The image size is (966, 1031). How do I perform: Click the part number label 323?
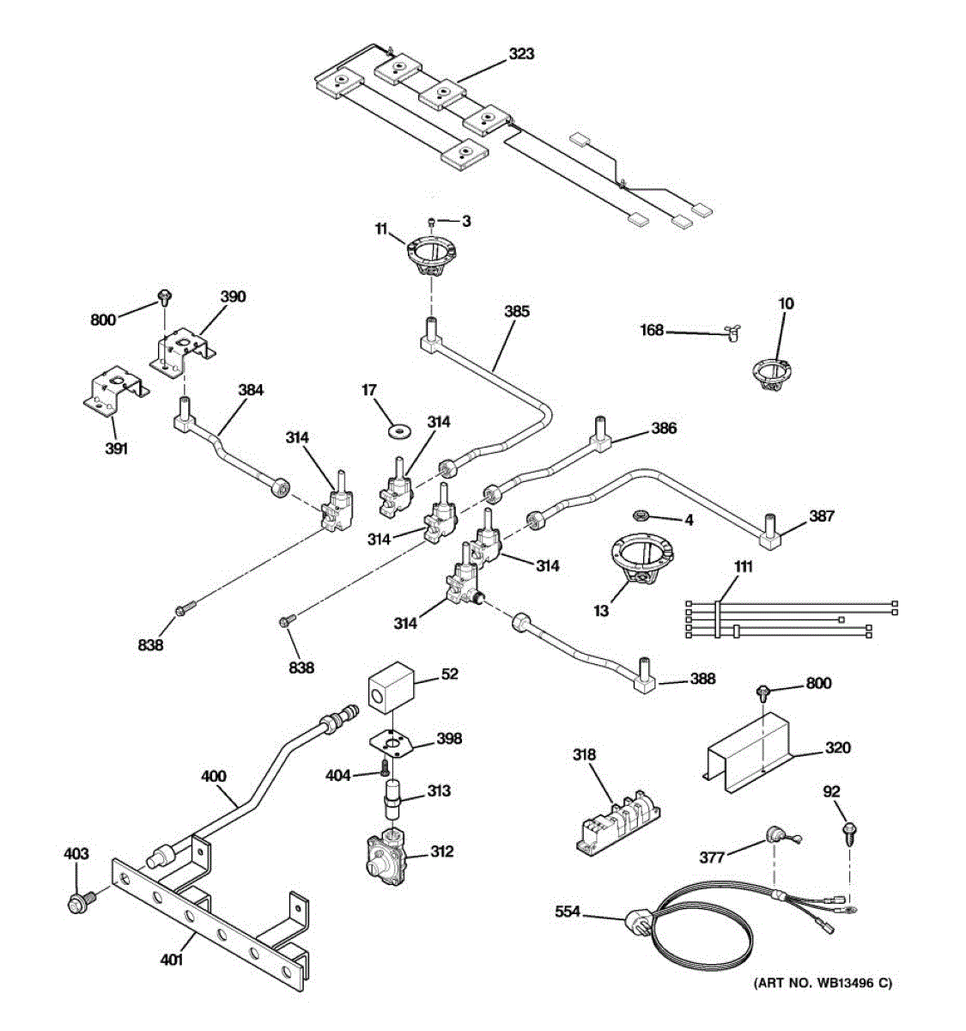pyautogui.click(x=520, y=54)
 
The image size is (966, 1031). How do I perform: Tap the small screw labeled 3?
pyautogui.click(x=431, y=222)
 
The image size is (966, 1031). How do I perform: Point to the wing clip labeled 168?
pyautogui.click(x=733, y=334)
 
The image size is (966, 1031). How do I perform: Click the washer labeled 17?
pyautogui.click(x=398, y=430)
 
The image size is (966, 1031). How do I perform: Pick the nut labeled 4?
pyautogui.click(x=639, y=515)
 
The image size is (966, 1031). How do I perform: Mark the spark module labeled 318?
pyautogui.click(x=617, y=822)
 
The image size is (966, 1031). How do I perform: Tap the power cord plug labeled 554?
pyautogui.click(x=637, y=923)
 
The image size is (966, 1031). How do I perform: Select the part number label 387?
pyautogui.click(x=821, y=516)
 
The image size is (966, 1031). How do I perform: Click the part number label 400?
pyautogui.click(x=213, y=776)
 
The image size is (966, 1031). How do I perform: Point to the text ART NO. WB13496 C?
pyautogui.click(x=823, y=983)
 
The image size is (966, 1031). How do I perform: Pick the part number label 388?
pyautogui.click(x=702, y=679)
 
